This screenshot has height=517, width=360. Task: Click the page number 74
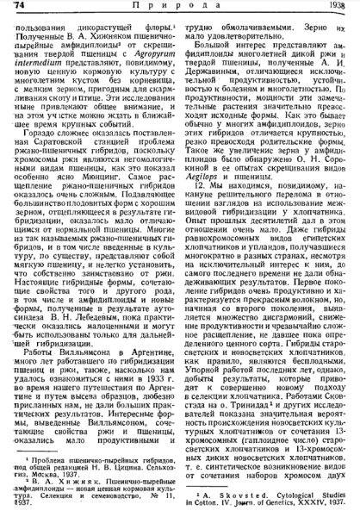[x=16, y=8]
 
